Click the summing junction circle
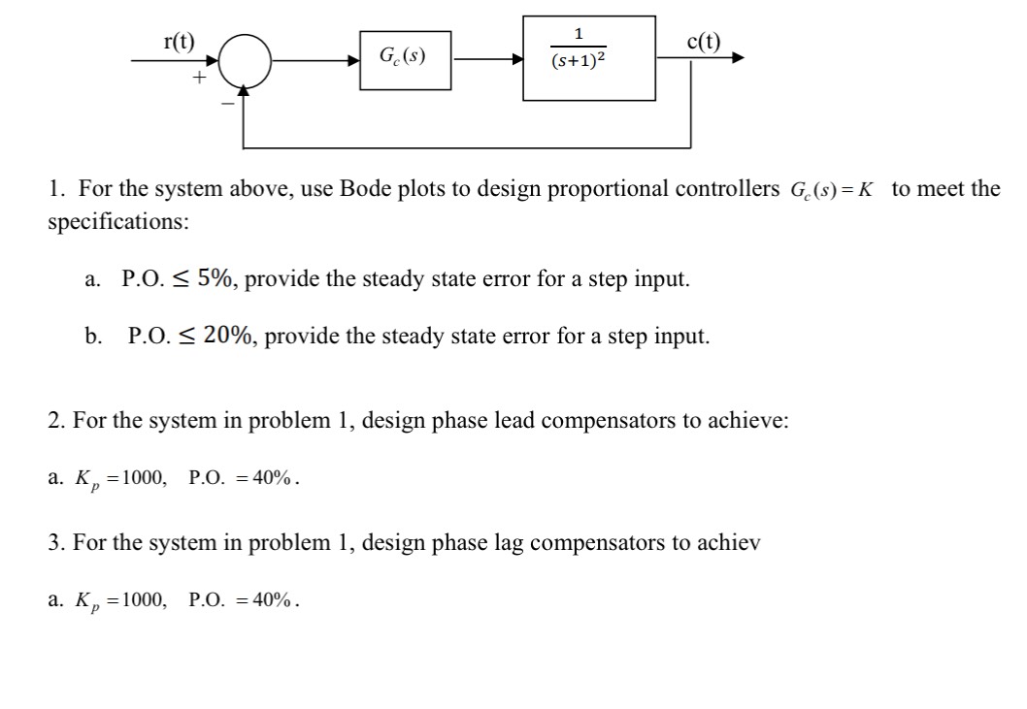[245, 59]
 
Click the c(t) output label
[703, 41]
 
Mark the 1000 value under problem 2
[145, 478]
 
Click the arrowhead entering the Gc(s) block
[354, 59]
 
